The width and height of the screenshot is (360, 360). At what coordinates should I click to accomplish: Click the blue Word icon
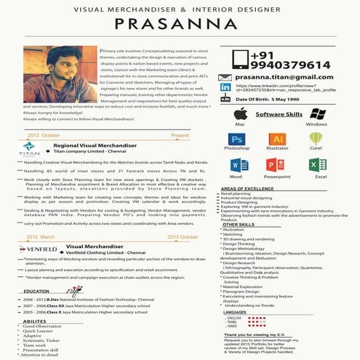click(236, 165)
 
